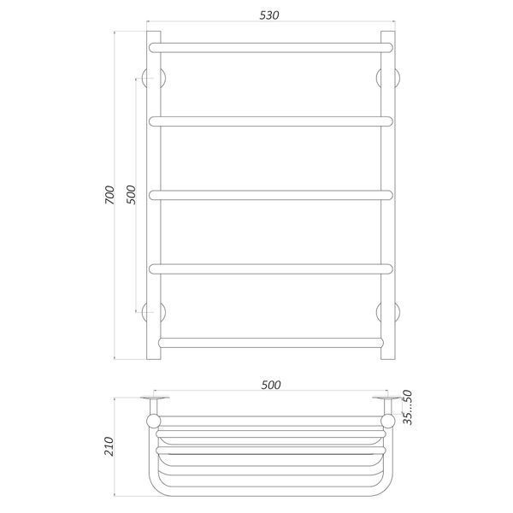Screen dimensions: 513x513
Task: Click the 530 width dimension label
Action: (269, 15)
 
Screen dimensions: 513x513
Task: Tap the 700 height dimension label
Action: (109, 195)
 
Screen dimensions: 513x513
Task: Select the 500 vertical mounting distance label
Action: (131, 195)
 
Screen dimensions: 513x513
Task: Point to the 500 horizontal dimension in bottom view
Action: (270, 385)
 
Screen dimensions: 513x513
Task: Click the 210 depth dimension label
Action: (109, 446)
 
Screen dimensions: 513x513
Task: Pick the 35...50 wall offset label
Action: (407, 407)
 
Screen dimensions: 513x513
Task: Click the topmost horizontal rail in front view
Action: (270, 48)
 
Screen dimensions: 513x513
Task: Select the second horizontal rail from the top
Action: (270, 121)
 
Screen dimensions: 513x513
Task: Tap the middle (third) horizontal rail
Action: (270, 195)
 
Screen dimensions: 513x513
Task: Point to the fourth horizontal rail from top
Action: (270, 269)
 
